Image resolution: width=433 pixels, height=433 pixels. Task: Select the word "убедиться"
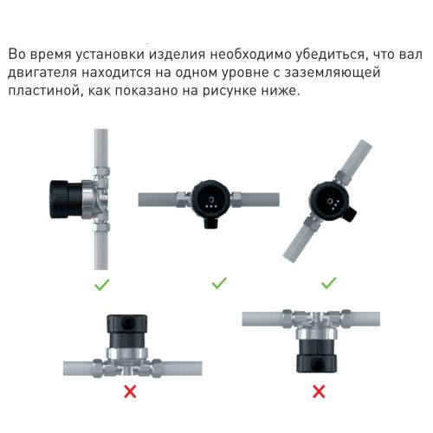click(x=339, y=55)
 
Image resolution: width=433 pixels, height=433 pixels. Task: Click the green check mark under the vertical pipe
click(x=102, y=283)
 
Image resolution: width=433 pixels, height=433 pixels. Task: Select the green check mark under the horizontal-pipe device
click(x=220, y=283)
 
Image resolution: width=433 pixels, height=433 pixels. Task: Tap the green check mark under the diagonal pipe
click(x=329, y=283)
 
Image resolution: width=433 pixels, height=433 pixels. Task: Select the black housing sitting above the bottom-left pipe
click(x=129, y=327)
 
